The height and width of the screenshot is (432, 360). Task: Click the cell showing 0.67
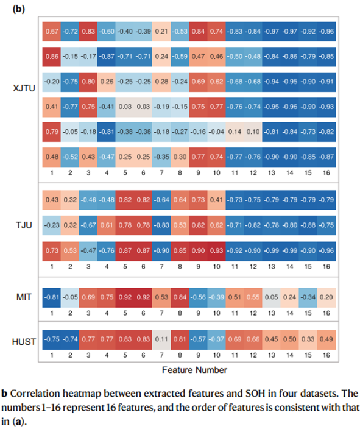[x=52, y=32]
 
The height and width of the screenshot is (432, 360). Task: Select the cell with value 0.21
[x=161, y=32]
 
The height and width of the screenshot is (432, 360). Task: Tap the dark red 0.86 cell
[x=52, y=57]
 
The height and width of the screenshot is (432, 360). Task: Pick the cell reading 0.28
[x=161, y=82]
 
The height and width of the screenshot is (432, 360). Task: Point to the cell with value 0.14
[x=235, y=132]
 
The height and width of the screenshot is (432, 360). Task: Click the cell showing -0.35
[x=161, y=157]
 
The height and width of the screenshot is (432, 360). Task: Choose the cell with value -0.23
[x=52, y=225]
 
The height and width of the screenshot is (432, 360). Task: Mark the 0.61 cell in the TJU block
[x=107, y=225]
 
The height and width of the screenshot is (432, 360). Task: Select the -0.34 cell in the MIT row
[x=308, y=297]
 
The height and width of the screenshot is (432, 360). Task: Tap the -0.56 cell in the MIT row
[x=198, y=297]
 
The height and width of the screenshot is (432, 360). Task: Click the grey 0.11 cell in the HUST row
[x=161, y=340]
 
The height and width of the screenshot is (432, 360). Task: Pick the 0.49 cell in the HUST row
[x=326, y=340]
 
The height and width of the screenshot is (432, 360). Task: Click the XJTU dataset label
[x=24, y=88]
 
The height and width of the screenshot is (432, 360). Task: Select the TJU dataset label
[x=24, y=225]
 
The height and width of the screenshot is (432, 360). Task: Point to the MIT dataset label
[x=24, y=297]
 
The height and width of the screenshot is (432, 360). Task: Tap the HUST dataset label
[x=24, y=342]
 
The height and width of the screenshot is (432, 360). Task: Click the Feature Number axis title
[x=194, y=370]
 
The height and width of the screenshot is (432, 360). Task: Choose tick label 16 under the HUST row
[x=326, y=355]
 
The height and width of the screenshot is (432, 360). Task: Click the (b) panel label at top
[x=19, y=9]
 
